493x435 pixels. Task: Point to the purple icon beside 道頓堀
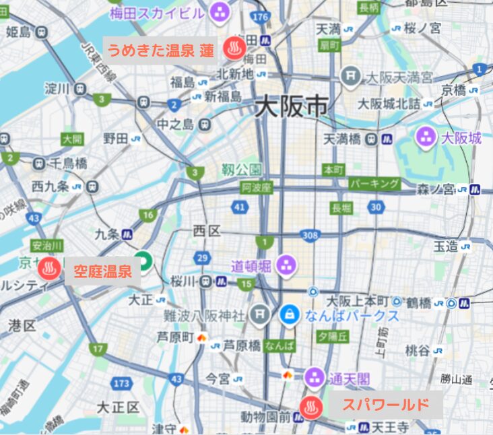286,265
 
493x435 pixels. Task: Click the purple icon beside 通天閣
313,377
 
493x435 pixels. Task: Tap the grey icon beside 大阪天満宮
349,75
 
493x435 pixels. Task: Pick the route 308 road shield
310,235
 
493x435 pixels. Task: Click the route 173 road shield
121,384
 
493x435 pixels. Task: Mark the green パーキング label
374,183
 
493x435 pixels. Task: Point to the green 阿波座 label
256,188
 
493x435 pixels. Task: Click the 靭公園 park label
242,170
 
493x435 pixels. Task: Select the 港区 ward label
22,326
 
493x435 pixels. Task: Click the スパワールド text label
385,405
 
